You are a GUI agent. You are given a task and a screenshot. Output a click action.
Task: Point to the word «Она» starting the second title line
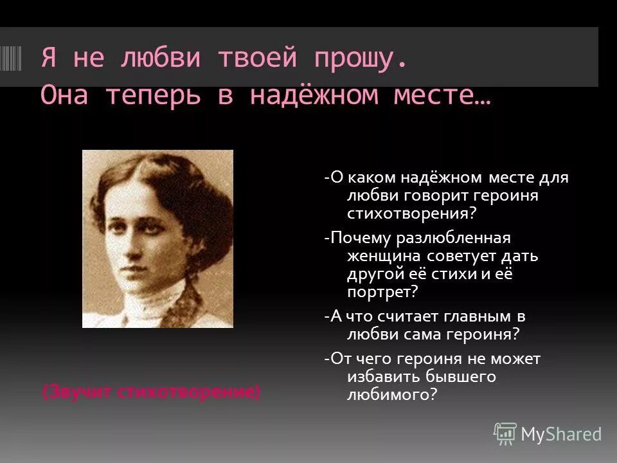67,95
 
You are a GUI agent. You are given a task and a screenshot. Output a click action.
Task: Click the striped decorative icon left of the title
12,59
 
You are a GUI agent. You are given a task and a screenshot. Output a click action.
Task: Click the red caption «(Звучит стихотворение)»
152,392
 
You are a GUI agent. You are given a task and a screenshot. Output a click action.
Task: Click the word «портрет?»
382,291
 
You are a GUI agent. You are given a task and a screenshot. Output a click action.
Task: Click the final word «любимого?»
391,394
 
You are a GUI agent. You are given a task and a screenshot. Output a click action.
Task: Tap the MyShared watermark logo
548,434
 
